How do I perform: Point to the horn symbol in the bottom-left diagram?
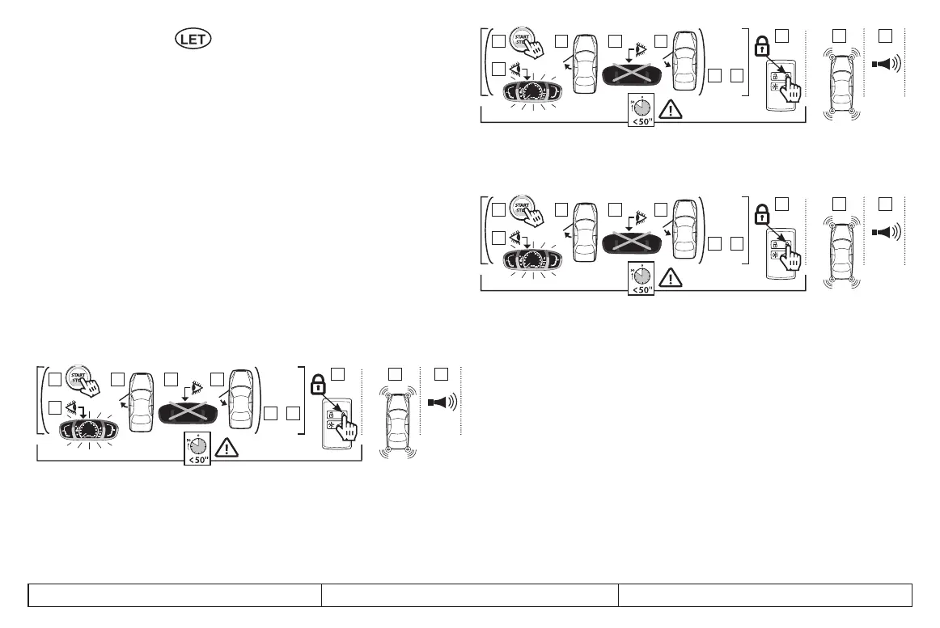(443, 403)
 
